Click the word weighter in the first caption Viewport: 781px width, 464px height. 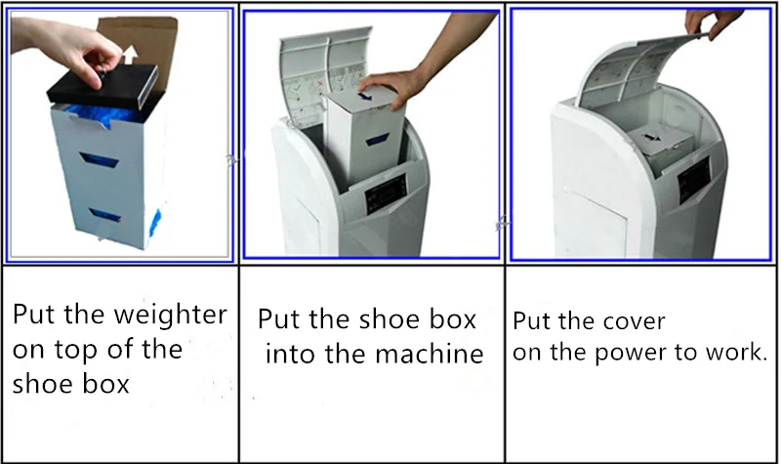[x=170, y=315]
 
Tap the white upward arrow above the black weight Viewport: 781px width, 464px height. [x=131, y=55]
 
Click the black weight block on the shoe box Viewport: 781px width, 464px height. [x=103, y=87]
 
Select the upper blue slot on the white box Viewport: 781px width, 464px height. [x=100, y=160]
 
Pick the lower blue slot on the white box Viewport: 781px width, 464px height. [x=105, y=215]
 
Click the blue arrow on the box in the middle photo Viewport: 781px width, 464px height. [x=365, y=96]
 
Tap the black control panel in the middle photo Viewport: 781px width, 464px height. [x=387, y=194]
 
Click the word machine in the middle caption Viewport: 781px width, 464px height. [x=429, y=354]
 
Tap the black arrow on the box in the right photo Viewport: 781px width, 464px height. [x=650, y=138]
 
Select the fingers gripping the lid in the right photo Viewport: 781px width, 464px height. [x=713, y=22]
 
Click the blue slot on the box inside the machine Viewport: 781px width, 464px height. [x=378, y=140]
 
